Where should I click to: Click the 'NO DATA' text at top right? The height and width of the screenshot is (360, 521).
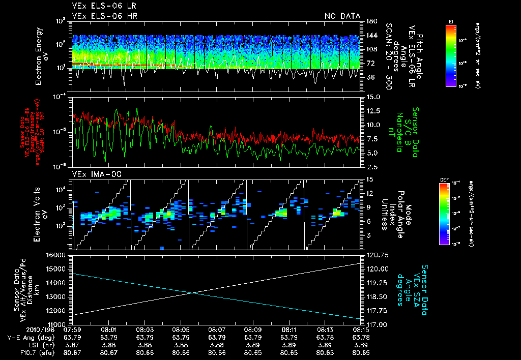(342, 16)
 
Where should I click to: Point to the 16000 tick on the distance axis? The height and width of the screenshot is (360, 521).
(58, 255)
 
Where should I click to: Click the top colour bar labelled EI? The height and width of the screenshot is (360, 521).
(450, 55)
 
